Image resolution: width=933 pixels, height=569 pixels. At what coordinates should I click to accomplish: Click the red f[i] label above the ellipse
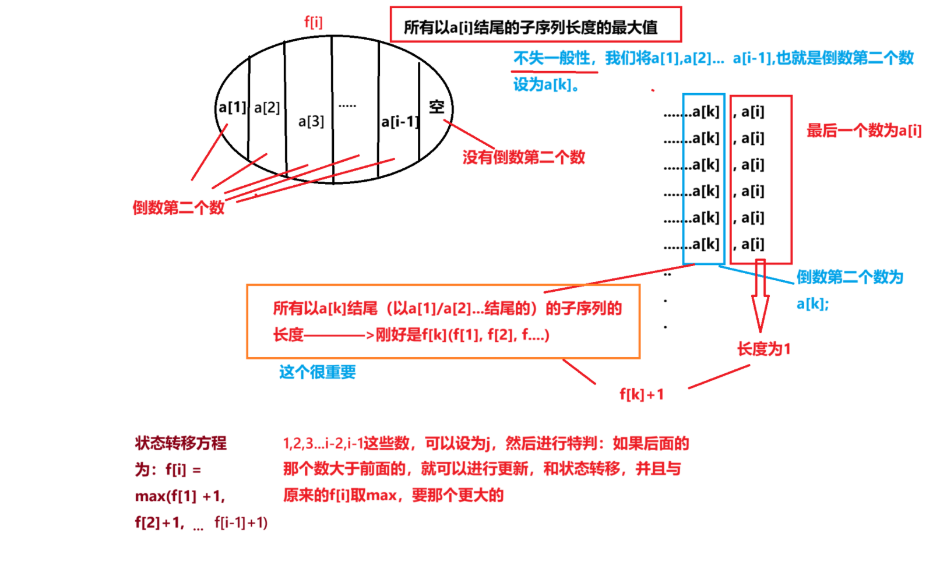(x=313, y=23)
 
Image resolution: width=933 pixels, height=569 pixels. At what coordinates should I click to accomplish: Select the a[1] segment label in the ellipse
(x=232, y=108)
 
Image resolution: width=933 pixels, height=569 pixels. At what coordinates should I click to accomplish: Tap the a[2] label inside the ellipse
(x=267, y=108)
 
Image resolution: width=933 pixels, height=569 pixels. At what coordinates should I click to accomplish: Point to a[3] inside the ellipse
(x=311, y=121)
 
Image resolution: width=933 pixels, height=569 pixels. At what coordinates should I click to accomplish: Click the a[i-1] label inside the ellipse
(x=399, y=122)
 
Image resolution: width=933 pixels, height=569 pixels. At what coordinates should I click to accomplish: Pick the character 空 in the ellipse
(x=436, y=107)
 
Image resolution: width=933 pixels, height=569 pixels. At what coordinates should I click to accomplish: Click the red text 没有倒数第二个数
(x=523, y=157)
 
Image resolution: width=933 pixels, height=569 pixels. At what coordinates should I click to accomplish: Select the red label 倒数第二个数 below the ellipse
(x=178, y=207)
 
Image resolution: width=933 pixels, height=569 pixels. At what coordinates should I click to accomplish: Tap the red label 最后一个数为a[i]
(x=864, y=130)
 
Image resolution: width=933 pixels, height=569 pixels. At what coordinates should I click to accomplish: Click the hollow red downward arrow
(x=760, y=297)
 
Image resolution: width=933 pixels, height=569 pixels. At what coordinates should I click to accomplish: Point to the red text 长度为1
(x=763, y=349)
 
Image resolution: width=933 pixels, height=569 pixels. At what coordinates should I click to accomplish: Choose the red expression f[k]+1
(x=642, y=394)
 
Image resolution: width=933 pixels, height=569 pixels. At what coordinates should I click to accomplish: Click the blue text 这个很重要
(x=317, y=372)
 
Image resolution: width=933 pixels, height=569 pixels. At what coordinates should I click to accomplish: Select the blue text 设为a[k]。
(x=546, y=85)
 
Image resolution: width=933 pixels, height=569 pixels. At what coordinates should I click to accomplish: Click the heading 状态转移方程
(x=181, y=443)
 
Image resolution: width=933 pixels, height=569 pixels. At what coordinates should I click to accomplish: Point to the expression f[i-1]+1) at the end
(x=241, y=522)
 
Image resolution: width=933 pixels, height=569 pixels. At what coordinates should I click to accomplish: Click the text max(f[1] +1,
(x=180, y=496)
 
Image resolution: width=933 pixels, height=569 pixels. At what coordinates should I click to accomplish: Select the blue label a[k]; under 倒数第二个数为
(x=812, y=303)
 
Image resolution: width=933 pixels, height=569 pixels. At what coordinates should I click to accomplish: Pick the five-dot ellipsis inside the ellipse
(x=347, y=106)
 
